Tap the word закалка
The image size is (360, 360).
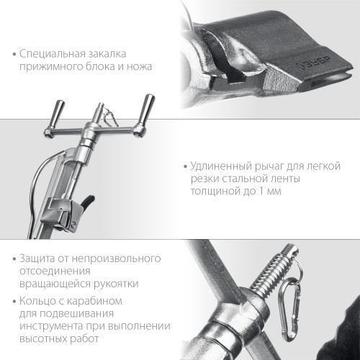coord(113,54)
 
